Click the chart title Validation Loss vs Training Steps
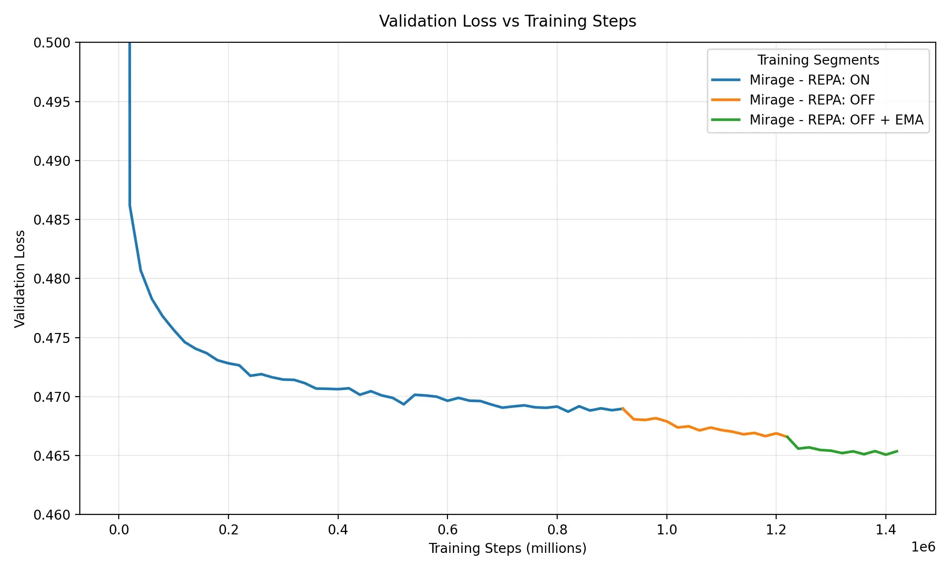(507, 21)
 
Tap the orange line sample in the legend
(726, 100)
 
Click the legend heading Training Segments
(818, 60)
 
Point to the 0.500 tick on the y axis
(51, 43)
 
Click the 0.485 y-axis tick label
(51, 220)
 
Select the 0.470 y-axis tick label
(51, 397)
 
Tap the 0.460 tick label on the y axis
(51, 515)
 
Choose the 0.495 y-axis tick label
(51, 102)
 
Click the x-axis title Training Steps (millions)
(507, 548)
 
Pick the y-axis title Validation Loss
(19, 279)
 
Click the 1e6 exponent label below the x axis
(923, 547)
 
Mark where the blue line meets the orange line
(623, 408)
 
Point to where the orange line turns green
(787, 436)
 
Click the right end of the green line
(897, 451)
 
